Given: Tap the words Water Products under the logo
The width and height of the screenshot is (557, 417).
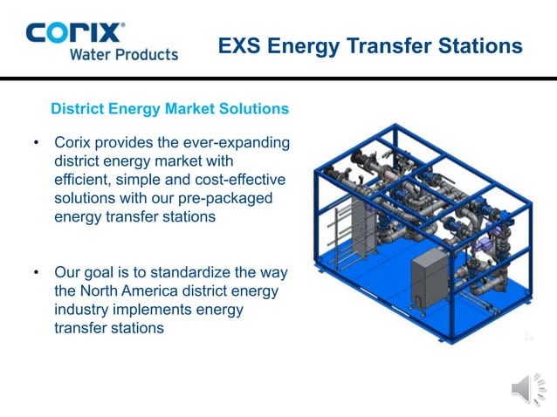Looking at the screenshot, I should click(x=123, y=54).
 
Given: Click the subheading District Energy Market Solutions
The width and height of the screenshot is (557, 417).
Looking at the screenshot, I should click(x=169, y=110).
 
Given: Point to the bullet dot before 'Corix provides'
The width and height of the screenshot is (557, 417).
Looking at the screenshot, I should click(x=36, y=142).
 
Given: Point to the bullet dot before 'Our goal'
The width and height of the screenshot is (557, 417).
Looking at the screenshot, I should click(x=36, y=273).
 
